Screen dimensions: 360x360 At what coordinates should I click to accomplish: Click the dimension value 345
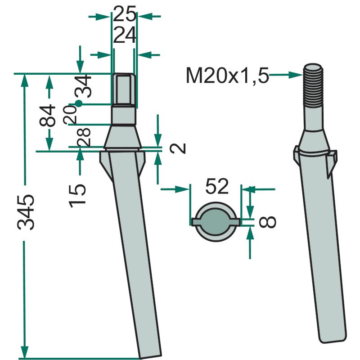[26, 212]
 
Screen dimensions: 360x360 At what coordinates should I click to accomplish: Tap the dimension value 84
[47, 116]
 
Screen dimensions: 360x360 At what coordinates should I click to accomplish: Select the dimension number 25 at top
[125, 14]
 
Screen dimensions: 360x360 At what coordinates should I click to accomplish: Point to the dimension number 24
[125, 36]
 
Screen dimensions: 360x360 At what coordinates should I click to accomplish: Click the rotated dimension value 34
[83, 86]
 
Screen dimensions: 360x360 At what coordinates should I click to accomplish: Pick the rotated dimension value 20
[70, 115]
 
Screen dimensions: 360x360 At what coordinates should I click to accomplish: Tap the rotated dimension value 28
[84, 137]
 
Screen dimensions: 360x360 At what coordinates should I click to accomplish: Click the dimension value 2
[177, 148]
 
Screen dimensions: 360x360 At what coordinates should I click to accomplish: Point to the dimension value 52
[217, 186]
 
